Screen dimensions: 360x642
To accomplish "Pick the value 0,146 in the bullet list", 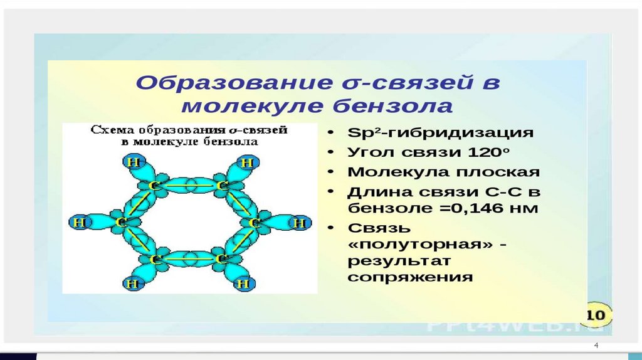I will [476, 208].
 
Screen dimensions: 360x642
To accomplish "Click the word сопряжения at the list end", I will [410, 277].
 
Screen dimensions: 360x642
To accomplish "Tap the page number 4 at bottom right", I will [596, 347].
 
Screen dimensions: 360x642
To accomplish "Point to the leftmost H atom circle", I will [78, 222].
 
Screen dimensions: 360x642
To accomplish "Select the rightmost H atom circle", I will [300, 223].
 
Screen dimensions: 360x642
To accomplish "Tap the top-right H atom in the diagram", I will [247, 163].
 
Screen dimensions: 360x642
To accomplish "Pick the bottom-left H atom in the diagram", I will [132, 283].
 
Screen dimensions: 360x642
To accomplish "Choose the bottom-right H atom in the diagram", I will [243, 283].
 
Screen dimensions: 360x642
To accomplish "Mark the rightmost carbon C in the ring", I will [255, 223].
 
